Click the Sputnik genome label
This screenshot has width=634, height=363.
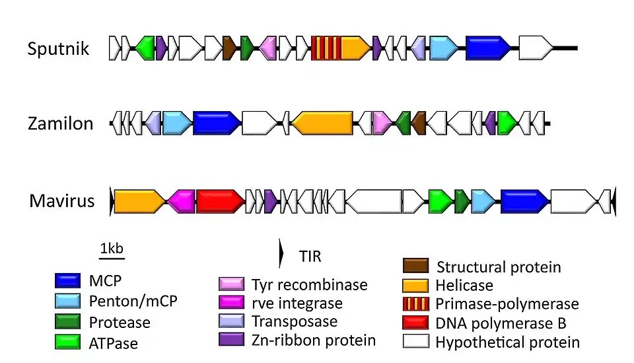(x=58, y=48)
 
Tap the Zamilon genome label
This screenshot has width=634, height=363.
(x=61, y=124)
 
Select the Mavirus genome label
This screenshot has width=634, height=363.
(x=62, y=200)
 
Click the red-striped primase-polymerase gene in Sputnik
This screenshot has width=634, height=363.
(x=326, y=48)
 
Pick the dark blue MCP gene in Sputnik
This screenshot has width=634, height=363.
(x=488, y=48)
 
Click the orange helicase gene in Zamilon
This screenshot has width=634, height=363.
(x=323, y=124)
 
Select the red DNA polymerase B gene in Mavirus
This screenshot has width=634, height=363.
(x=220, y=201)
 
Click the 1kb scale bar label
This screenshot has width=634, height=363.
(x=111, y=249)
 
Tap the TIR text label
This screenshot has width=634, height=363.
(x=310, y=255)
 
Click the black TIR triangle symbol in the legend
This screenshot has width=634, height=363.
(x=281, y=254)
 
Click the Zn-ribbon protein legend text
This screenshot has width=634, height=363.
(x=313, y=341)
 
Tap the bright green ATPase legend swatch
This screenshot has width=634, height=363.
(x=67, y=342)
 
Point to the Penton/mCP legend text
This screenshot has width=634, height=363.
(x=133, y=302)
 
